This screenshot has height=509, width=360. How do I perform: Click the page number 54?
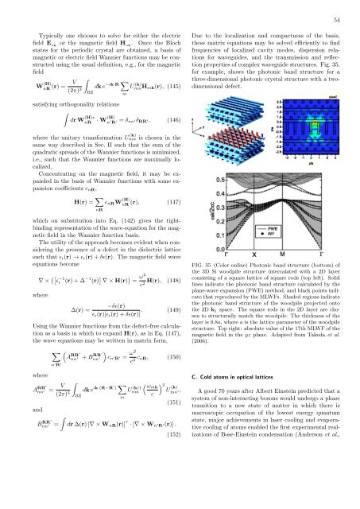pos(335,20)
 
